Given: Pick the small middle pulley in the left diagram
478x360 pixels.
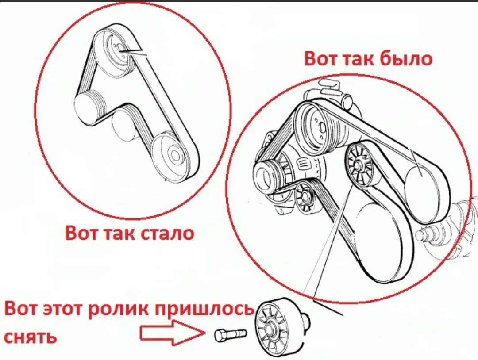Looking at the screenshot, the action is pos(125,126).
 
